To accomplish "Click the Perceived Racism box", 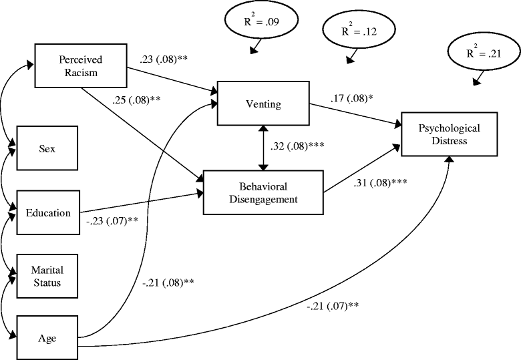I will (x=79, y=65).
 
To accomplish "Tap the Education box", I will (x=48, y=213).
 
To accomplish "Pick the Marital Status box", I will (x=46, y=276).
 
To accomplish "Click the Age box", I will (x=46, y=338).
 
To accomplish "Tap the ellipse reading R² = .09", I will (x=257, y=22).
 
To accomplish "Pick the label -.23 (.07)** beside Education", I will (x=112, y=219).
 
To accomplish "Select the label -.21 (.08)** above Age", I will (x=168, y=283).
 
